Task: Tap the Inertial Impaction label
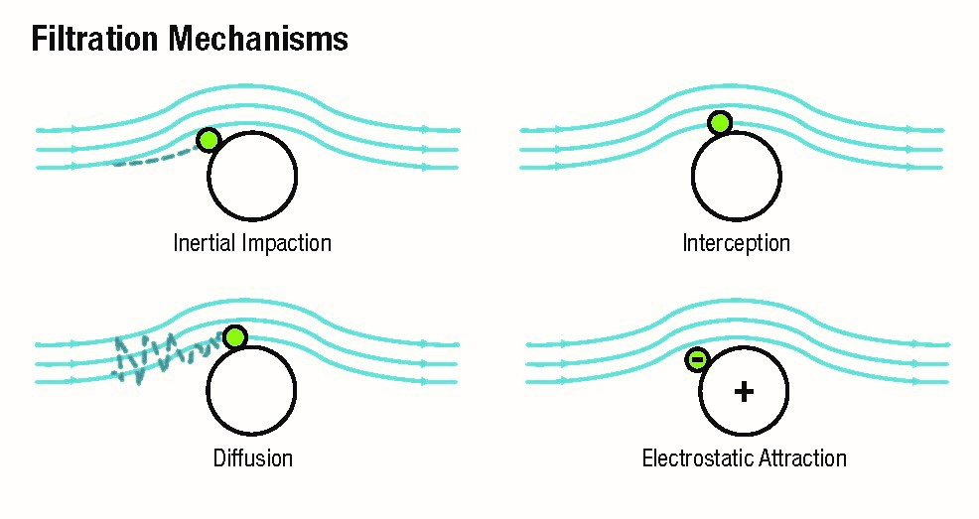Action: (252, 243)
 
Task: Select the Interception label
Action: (736, 243)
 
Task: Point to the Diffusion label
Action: (253, 458)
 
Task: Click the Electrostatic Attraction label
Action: (744, 458)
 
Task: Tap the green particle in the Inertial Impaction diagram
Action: (208, 140)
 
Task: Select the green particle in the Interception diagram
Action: (720, 123)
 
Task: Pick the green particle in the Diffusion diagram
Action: (234, 337)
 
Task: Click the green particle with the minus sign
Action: (697, 359)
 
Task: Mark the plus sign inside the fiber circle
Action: (743, 392)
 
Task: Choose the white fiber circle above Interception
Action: (736, 179)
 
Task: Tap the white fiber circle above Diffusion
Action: (251, 393)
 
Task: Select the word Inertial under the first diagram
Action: (206, 243)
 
